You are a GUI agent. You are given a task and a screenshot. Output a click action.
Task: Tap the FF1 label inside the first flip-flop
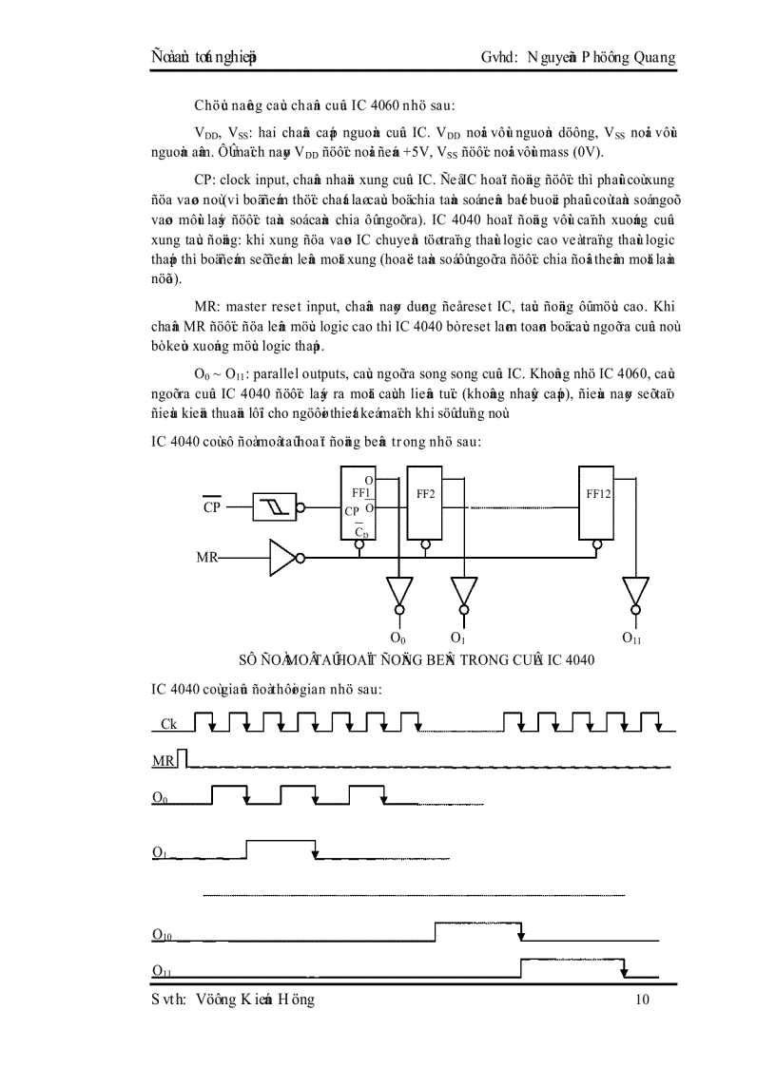pyautogui.click(x=359, y=493)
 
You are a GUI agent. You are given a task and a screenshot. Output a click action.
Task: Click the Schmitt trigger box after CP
pyautogui.click(x=275, y=507)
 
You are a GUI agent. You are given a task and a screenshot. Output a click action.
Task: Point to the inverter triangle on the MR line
pyautogui.click(x=283, y=558)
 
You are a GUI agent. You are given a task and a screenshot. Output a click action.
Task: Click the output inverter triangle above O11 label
pyautogui.click(x=636, y=591)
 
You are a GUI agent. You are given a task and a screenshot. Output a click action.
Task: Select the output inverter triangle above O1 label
pyautogui.click(x=463, y=591)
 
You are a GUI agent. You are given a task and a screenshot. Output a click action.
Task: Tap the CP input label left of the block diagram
pyautogui.click(x=212, y=507)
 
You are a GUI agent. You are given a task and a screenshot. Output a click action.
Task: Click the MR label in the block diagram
pyautogui.click(x=208, y=558)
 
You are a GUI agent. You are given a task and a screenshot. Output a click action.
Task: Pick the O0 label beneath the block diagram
pyautogui.click(x=398, y=637)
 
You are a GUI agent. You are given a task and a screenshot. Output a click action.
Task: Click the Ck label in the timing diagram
pyautogui.click(x=169, y=724)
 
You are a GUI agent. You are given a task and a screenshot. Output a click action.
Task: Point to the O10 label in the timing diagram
pyautogui.click(x=162, y=935)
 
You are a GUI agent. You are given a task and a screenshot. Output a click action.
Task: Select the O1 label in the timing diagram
pyautogui.click(x=160, y=851)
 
